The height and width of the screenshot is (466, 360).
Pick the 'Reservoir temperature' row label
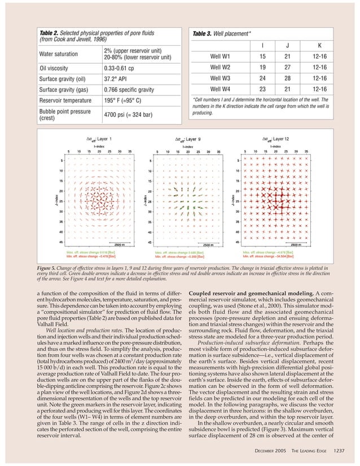[x=65, y=100]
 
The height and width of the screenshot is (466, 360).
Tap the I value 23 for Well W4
[x=262, y=89]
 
